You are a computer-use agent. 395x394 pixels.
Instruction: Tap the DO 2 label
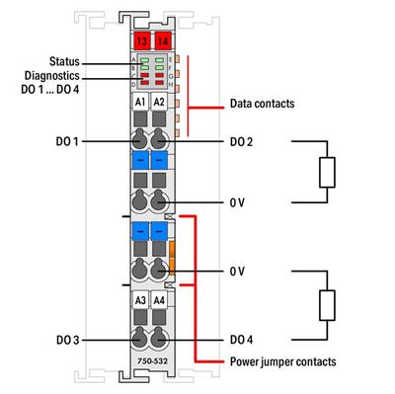point(241,142)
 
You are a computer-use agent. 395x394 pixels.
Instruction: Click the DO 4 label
point(241,340)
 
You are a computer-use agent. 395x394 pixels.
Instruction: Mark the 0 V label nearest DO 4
point(237,270)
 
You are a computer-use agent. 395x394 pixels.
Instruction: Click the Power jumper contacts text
point(281,362)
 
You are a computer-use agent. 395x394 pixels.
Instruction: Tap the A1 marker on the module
point(139,102)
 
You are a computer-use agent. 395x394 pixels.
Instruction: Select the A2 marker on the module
point(158,102)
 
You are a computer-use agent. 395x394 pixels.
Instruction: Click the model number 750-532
point(148,377)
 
